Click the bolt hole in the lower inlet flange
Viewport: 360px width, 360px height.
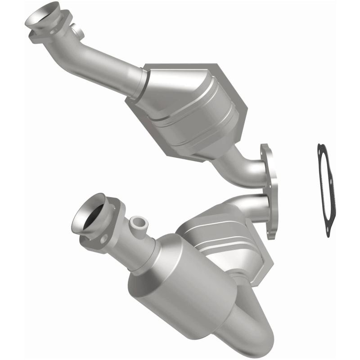coord(102,238)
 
